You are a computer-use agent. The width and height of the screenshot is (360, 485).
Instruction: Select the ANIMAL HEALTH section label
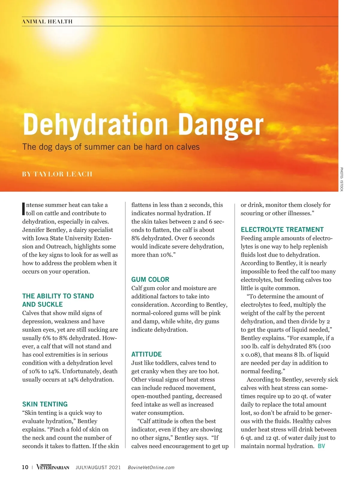47,22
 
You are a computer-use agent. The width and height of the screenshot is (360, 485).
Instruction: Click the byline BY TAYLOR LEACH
57,174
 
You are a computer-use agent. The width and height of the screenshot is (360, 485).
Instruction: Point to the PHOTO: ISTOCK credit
341,179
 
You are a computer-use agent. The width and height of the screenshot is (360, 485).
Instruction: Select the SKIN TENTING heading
45,404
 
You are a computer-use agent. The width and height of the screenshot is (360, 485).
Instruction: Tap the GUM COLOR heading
150,280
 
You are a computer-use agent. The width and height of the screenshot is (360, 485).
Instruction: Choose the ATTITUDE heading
146,354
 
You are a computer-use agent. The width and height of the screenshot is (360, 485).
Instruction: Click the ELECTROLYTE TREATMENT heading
282,230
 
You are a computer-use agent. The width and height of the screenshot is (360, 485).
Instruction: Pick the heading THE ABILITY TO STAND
58,296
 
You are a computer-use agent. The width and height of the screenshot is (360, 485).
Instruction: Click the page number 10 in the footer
25,467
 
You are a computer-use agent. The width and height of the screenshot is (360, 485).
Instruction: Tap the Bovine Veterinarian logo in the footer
53,467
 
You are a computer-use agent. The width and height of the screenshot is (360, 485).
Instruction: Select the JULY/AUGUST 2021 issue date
98,468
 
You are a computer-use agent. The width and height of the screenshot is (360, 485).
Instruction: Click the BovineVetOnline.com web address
151,468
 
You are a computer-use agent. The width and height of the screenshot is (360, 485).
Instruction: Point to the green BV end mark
321,446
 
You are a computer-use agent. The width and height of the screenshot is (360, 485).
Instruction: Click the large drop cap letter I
24,209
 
